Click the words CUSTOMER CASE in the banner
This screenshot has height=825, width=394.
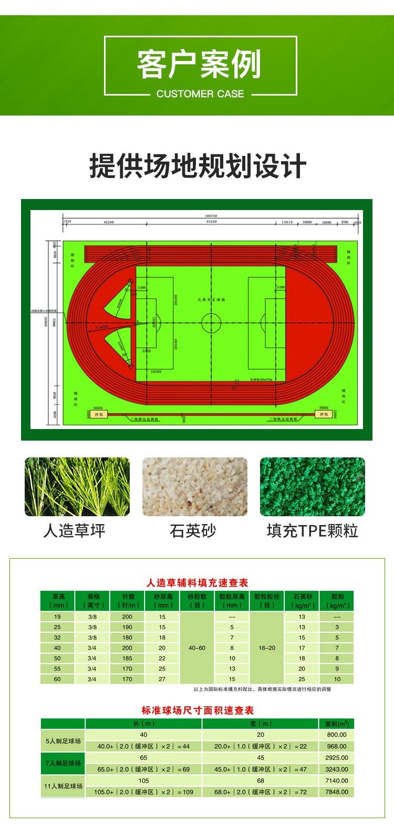(x=200, y=94)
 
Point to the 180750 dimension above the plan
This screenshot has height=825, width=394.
(x=211, y=216)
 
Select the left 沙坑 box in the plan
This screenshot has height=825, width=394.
(x=97, y=414)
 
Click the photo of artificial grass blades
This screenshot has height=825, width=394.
(x=78, y=486)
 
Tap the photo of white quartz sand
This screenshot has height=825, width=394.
(x=195, y=486)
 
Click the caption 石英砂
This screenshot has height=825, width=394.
(x=193, y=530)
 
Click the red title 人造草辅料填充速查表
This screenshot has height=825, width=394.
(x=197, y=582)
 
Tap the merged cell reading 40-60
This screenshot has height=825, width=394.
(x=197, y=648)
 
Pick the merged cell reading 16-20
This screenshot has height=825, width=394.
(x=267, y=648)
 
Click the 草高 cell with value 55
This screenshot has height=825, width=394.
(x=57, y=669)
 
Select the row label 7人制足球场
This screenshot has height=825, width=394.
(x=64, y=763)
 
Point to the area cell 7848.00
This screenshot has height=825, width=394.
(x=336, y=792)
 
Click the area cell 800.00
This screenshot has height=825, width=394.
(x=336, y=735)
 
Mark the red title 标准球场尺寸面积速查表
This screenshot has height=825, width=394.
(x=197, y=711)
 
